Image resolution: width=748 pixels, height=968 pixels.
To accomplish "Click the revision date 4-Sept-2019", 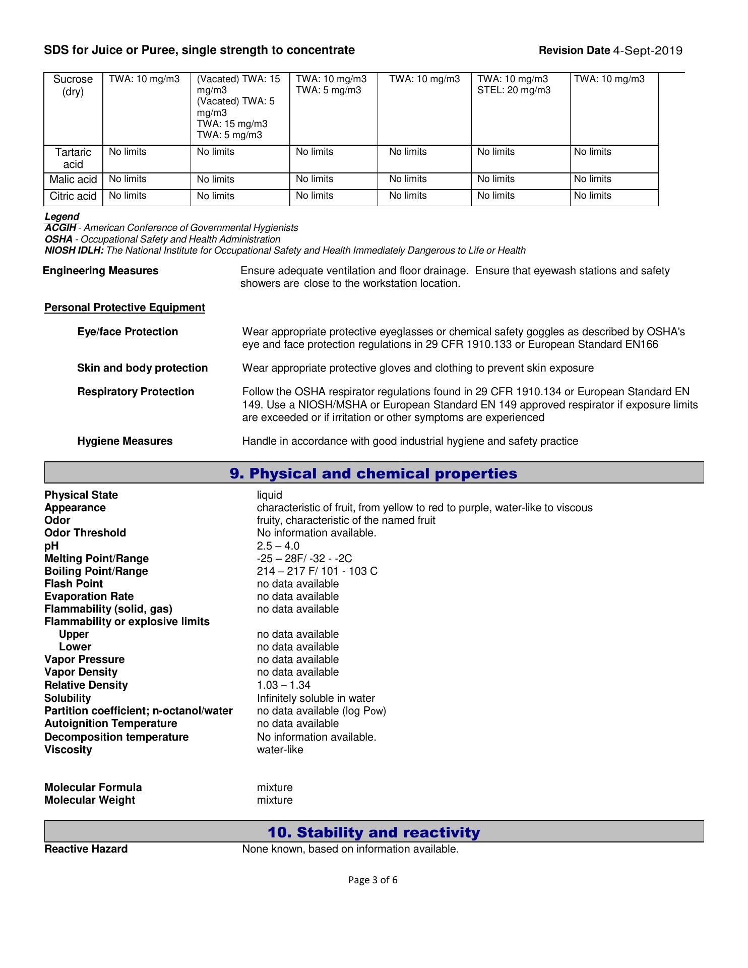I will (648, 50).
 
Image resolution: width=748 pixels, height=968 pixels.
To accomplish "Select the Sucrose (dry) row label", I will (73, 86).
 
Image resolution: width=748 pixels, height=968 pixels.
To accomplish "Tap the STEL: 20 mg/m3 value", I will (514, 90).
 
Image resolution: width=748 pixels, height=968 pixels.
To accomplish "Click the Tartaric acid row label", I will (73, 158).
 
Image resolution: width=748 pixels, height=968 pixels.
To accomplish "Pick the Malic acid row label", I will (73, 179).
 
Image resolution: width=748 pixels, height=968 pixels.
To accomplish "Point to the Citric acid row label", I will (73, 196).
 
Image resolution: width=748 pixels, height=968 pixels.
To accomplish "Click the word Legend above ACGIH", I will (62, 217).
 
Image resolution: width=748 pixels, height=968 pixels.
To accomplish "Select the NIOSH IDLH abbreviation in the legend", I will (74, 251).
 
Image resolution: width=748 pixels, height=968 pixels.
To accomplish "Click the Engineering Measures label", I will (101, 271).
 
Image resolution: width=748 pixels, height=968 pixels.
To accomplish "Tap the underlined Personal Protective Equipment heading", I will (124, 308).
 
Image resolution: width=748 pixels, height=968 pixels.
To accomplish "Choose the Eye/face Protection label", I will (128, 332).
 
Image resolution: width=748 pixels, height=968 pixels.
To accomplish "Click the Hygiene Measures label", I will (125, 441).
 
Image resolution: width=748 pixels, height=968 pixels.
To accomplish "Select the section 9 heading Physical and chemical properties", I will (373, 473).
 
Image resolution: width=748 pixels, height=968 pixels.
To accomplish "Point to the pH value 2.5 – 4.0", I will (278, 546).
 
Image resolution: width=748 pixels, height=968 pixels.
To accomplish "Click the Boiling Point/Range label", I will (96, 571).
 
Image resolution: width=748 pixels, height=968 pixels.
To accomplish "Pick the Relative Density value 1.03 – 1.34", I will (283, 685).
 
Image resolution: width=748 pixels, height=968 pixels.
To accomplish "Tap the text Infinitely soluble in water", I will (316, 698).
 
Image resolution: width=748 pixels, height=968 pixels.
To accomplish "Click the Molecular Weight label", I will (90, 800).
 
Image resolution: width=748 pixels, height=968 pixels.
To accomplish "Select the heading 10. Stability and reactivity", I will (373, 832).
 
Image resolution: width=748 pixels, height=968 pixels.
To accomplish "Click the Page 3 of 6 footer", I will (373, 880).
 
